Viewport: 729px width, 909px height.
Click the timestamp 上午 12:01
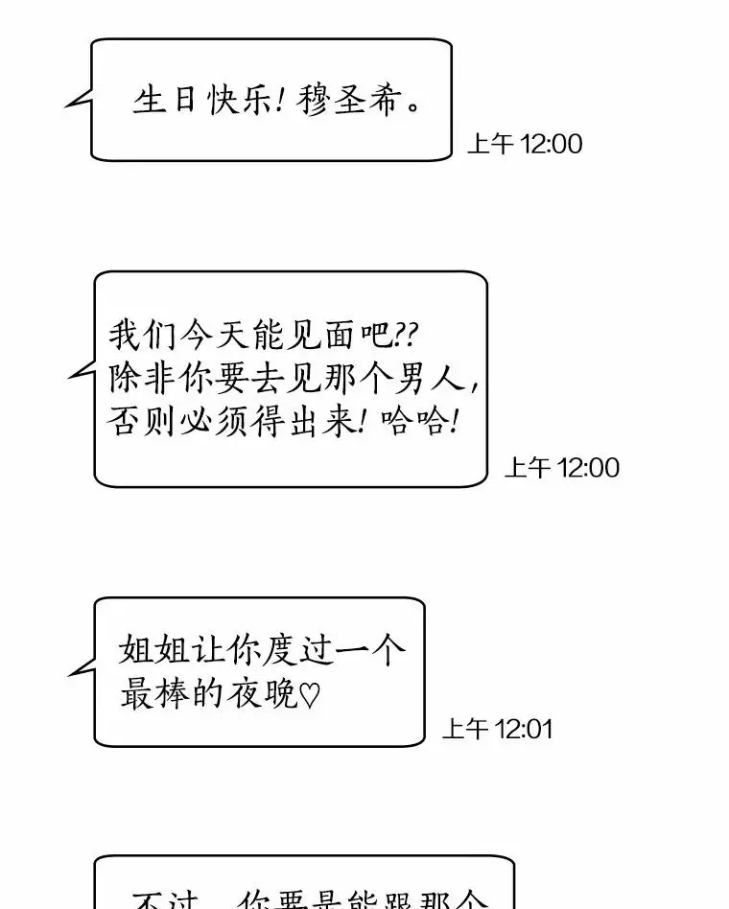[x=497, y=730]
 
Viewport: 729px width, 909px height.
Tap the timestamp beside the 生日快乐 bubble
[x=525, y=145]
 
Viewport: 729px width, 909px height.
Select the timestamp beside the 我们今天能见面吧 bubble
[x=562, y=468]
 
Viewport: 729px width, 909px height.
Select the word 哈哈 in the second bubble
[x=419, y=420]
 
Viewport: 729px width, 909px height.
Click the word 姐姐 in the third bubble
[x=144, y=650]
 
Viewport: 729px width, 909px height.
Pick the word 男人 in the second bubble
[x=438, y=378]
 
